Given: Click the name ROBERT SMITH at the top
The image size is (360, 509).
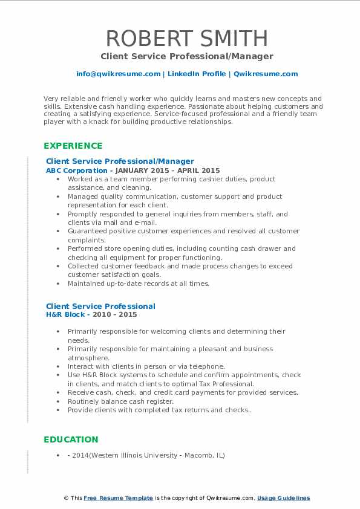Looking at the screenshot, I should click(x=187, y=38).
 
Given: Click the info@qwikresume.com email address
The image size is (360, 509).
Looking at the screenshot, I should click(x=118, y=74).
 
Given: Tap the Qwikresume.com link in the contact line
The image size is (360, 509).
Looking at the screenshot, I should click(x=266, y=74).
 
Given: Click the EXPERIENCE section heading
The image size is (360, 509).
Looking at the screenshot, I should click(x=73, y=146).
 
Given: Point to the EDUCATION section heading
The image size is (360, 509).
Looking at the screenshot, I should click(x=70, y=439).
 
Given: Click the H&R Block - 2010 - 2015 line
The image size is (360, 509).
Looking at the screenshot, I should click(x=91, y=314).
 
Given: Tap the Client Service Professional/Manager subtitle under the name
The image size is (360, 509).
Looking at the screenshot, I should click(x=187, y=56).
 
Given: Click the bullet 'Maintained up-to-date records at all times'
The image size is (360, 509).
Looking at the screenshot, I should click(x=139, y=284).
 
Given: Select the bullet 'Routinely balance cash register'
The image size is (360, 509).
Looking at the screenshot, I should click(x=120, y=401).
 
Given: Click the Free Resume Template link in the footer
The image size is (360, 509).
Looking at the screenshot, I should click(x=118, y=498).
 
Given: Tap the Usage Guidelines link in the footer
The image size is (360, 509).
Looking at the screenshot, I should click(x=283, y=498).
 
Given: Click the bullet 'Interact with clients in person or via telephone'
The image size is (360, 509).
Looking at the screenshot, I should click(x=146, y=366).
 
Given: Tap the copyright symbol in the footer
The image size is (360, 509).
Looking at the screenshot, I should click(x=66, y=498).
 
